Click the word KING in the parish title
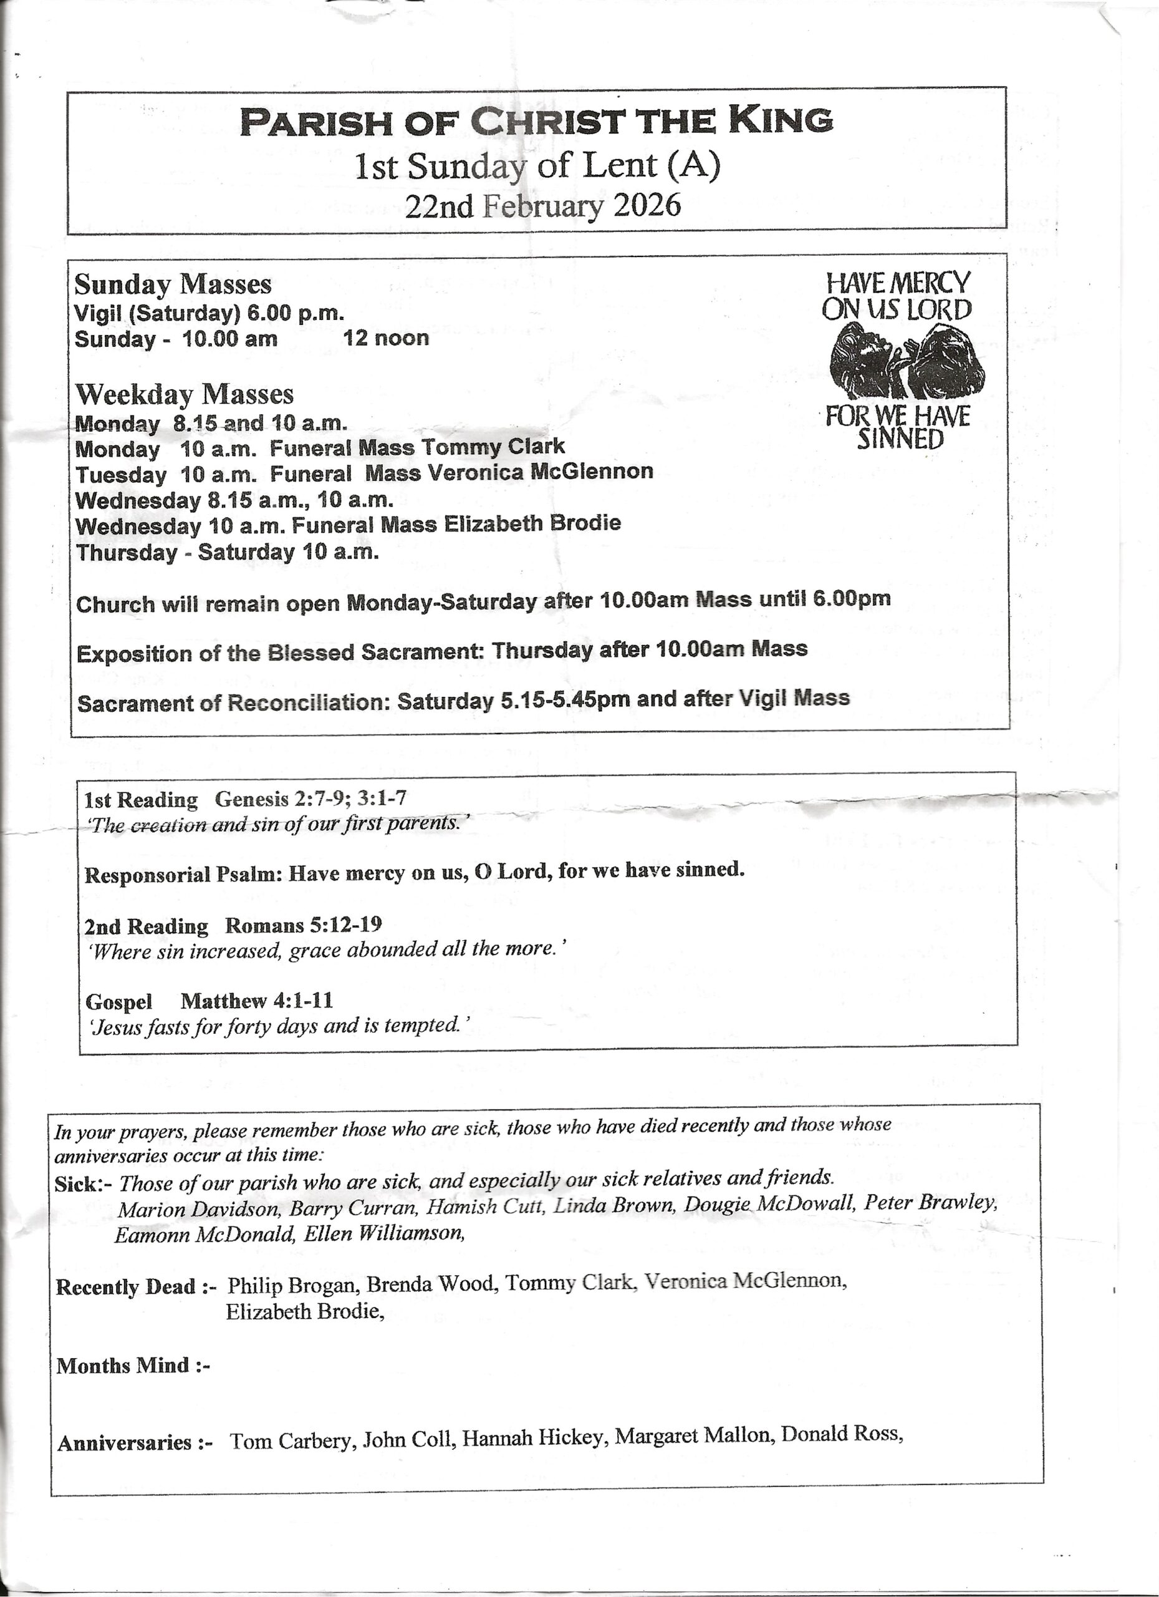tap(781, 120)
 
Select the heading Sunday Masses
tap(173, 284)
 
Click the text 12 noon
tap(386, 338)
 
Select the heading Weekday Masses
tap(185, 394)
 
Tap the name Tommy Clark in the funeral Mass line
tap(493, 447)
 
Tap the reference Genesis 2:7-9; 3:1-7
tap(310, 798)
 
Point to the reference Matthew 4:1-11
tap(257, 1001)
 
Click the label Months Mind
tap(124, 1366)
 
